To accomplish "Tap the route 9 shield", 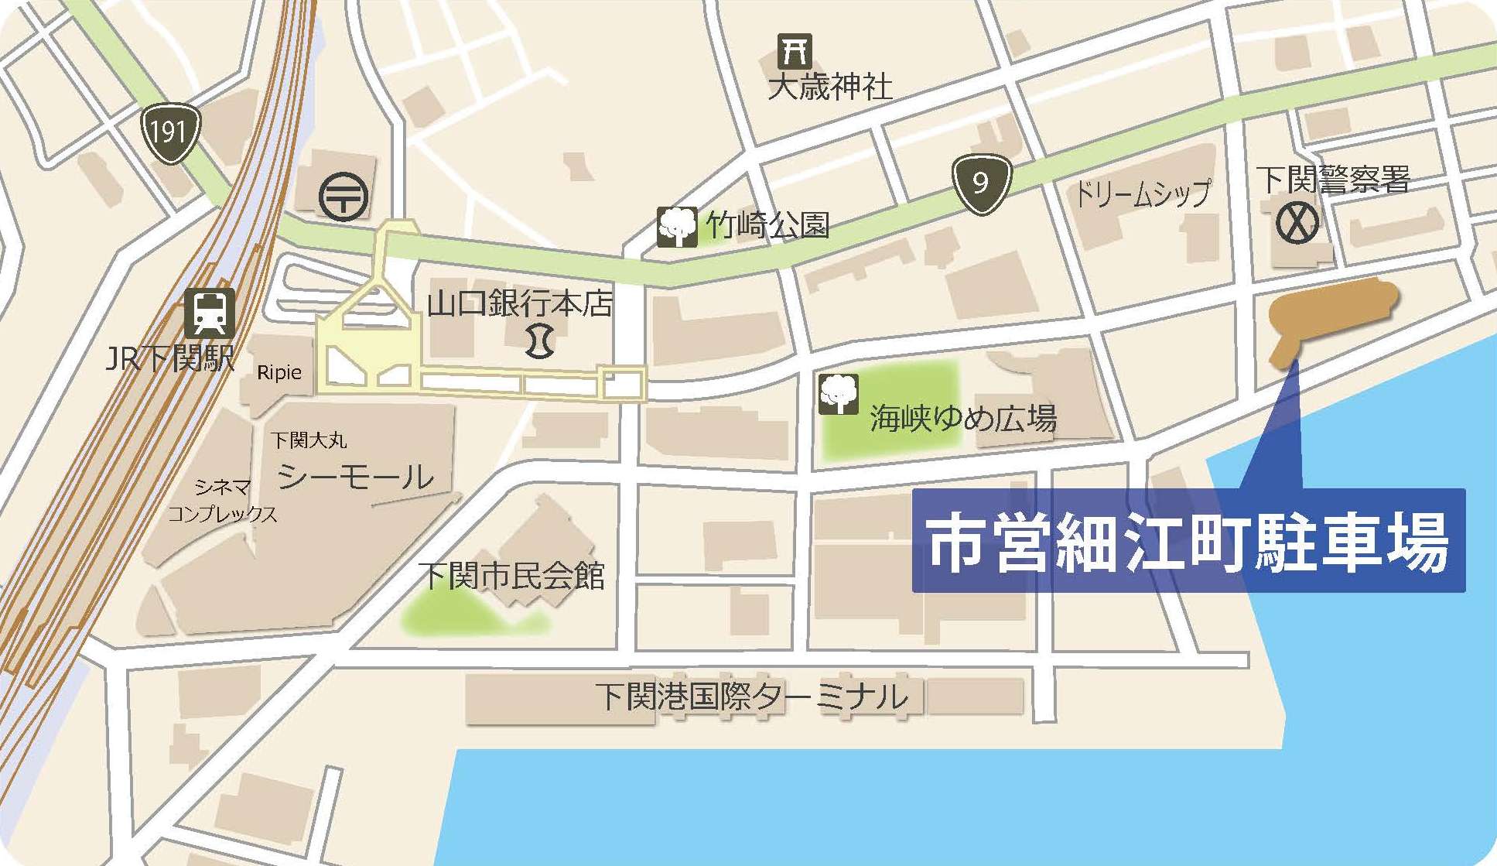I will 981,183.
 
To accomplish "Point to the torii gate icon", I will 795,51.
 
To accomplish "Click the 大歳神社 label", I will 829,86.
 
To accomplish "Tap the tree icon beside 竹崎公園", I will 677,227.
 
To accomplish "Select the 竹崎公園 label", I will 767,225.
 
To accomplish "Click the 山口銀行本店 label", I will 519,303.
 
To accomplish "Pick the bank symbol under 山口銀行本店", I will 539,341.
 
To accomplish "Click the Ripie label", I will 279,372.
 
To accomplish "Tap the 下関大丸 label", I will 309,440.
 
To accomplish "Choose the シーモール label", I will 355,477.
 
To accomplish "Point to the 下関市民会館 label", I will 511,576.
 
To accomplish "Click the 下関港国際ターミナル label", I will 751,697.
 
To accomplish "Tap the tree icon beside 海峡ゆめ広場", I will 838,392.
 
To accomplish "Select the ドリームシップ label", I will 1142,193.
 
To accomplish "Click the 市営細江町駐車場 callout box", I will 1188,541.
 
